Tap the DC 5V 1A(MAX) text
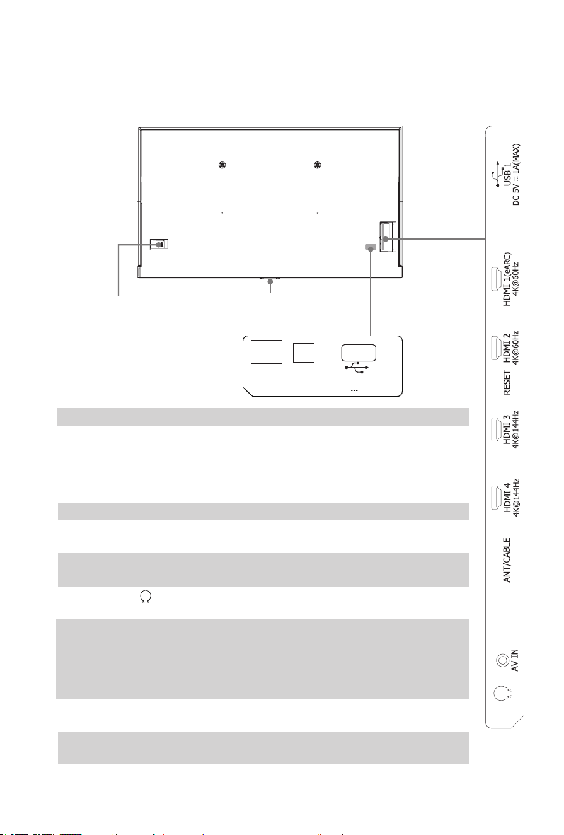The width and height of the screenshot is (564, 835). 516,175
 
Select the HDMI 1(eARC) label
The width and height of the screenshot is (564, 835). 507,279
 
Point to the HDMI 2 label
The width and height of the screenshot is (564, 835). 507,347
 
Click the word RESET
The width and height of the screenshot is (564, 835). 507,382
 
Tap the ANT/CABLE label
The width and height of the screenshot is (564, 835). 507,560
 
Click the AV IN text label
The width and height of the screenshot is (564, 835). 515,660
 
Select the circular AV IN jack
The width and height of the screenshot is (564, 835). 502,660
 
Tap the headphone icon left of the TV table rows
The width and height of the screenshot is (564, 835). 146,597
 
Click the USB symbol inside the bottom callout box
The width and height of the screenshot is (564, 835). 357,367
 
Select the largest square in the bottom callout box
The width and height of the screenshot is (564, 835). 267,351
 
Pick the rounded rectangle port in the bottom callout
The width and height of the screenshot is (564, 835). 359,353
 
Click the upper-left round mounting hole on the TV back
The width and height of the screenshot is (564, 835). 222,165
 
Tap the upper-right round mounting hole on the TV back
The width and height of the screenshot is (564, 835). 318,165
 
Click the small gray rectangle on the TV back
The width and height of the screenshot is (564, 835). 371,247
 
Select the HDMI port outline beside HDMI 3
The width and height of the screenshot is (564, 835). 495,429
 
